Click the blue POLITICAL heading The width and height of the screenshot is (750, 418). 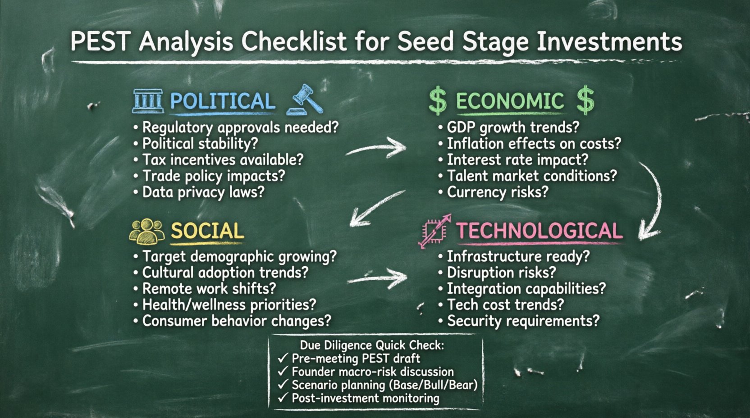[222, 101]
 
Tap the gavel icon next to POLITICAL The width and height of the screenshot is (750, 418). [306, 100]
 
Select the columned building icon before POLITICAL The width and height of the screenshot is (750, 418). [148, 101]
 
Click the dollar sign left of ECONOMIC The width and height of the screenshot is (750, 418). [437, 101]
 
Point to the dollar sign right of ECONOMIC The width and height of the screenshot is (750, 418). [585, 100]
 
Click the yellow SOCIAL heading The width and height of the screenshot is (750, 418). [207, 231]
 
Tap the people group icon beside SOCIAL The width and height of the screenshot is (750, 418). [147, 231]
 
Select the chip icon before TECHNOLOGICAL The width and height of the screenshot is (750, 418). [434, 231]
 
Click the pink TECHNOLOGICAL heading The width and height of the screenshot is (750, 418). [539, 231]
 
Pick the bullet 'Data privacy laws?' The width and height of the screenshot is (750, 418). [203, 192]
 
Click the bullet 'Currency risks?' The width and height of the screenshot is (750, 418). [497, 192]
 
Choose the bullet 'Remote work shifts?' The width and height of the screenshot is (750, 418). [209, 289]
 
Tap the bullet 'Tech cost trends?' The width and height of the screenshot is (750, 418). [505, 305]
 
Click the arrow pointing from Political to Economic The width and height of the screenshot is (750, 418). [377, 148]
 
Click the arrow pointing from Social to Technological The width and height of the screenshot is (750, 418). [378, 278]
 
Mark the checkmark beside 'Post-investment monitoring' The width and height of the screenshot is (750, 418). [283, 398]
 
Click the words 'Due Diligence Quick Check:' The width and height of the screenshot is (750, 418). [372, 345]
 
